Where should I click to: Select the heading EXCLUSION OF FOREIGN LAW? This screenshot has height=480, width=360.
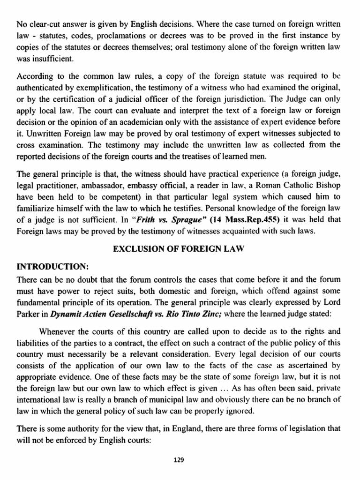(180, 250)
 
